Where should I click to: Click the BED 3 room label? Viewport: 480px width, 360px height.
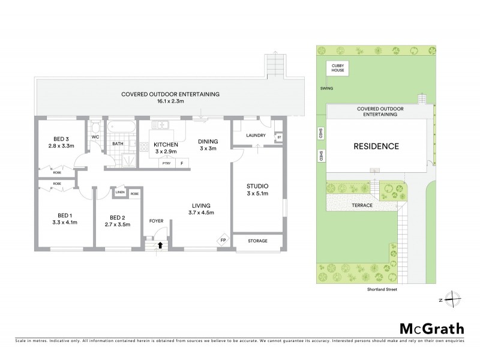point(60,137)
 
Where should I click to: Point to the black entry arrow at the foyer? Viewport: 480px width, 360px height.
point(160,244)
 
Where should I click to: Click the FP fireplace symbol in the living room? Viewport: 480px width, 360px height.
point(223,241)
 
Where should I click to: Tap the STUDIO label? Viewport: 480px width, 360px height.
point(257,185)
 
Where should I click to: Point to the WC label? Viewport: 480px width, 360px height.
point(95,137)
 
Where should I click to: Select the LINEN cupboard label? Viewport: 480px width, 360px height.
point(120,194)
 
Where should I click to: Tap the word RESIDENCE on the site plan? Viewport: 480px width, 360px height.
point(375,146)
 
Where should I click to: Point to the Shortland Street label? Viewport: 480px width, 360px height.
point(383,289)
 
